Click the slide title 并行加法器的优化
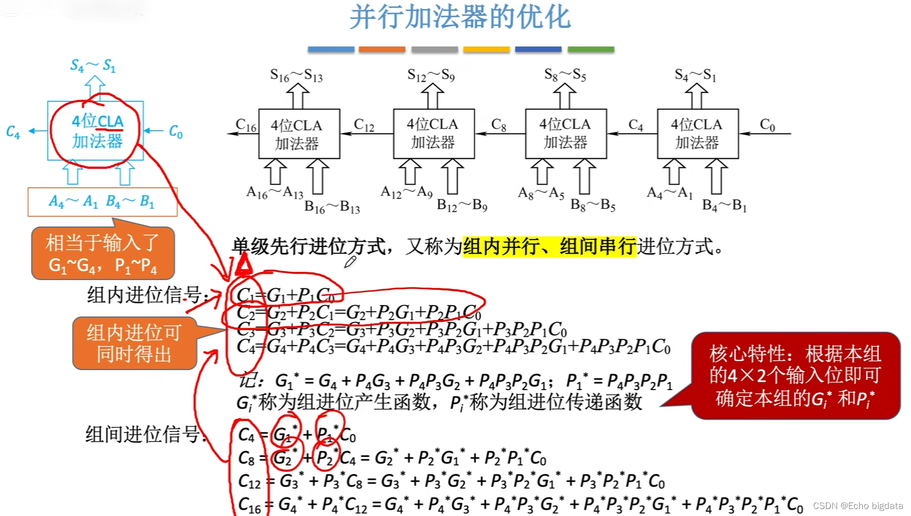pyautogui.click(x=460, y=17)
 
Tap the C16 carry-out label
pyautogui.click(x=246, y=126)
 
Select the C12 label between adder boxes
pyautogui.click(x=364, y=125)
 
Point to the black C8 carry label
pyautogui.click(x=499, y=125)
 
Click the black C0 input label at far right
pyautogui.click(x=767, y=125)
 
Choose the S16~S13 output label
pyautogui.click(x=296, y=75)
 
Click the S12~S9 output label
pyautogui.click(x=431, y=75)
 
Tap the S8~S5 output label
pyautogui.click(x=565, y=75)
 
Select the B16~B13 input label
pyautogui.click(x=332, y=207)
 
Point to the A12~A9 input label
pyautogui.click(x=406, y=192)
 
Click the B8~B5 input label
pyautogui.click(x=593, y=205)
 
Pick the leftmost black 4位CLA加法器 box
pyautogui.click(x=299, y=134)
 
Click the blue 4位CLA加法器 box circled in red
pyautogui.click(x=96, y=131)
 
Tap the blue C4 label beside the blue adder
pyautogui.click(x=13, y=132)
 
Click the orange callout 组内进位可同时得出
pyautogui.click(x=135, y=343)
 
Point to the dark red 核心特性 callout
pyautogui.click(x=795, y=376)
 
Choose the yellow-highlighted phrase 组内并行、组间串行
pyautogui.click(x=549, y=247)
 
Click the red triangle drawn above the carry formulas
pyautogui.click(x=244, y=264)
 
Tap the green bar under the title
pyautogui.click(x=591, y=50)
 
